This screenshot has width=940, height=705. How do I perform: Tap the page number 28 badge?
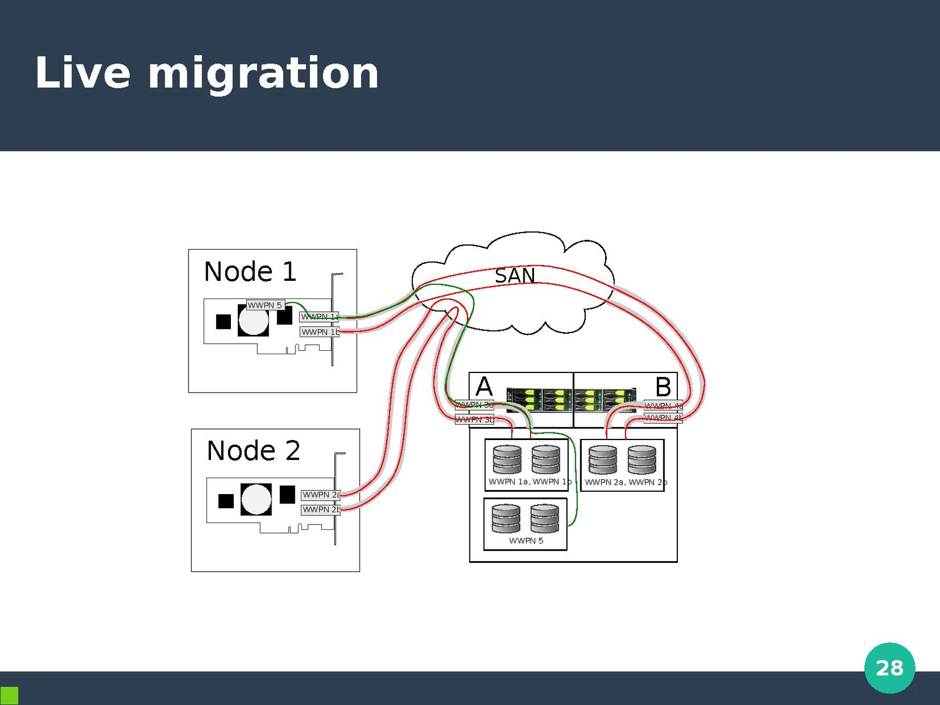tap(889, 668)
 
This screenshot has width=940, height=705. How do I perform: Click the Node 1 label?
tap(250, 272)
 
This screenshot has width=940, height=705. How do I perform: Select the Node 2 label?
tap(253, 451)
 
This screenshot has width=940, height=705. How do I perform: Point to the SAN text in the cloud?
tap(515, 276)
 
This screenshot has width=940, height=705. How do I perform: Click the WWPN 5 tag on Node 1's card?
tap(265, 305)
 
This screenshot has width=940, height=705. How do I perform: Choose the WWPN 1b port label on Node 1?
tap(320, 332)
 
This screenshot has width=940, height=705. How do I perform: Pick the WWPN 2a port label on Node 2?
tap(321, 495)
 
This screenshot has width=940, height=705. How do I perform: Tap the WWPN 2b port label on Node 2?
tap(321, 509)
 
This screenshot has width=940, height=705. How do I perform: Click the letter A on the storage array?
tap(484, 387)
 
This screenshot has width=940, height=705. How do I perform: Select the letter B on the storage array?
tap(663, 387)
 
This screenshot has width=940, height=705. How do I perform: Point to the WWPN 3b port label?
tap(475, 419)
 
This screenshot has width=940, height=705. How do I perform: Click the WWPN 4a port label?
tap(663, 405)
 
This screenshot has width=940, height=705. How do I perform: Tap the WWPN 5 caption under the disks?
tap(526, 540)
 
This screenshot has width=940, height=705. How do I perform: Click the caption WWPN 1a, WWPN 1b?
tap(529, 482)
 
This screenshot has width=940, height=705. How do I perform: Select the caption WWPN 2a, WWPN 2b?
tap(626, 482)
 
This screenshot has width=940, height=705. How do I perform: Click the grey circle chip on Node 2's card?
tap(256, 499)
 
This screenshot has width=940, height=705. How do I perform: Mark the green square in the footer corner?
tap(9, 696)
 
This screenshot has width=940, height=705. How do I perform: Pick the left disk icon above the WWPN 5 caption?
tap(506, 518)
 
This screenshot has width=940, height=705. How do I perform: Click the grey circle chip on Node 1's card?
tap(253, 321)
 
